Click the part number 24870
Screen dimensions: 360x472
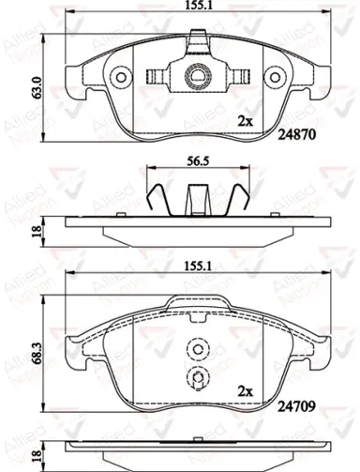coord(297,134)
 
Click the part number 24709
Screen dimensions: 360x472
coord(296,406)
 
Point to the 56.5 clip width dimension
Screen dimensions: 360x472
coord(198,161)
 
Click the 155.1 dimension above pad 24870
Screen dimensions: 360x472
coord(198,6)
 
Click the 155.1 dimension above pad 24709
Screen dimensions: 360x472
coord(198,266)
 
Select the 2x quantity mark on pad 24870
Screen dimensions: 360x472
coord(246,121)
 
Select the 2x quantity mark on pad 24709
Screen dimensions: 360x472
coord(246,391)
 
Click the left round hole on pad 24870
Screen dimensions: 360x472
coord(121,77)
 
